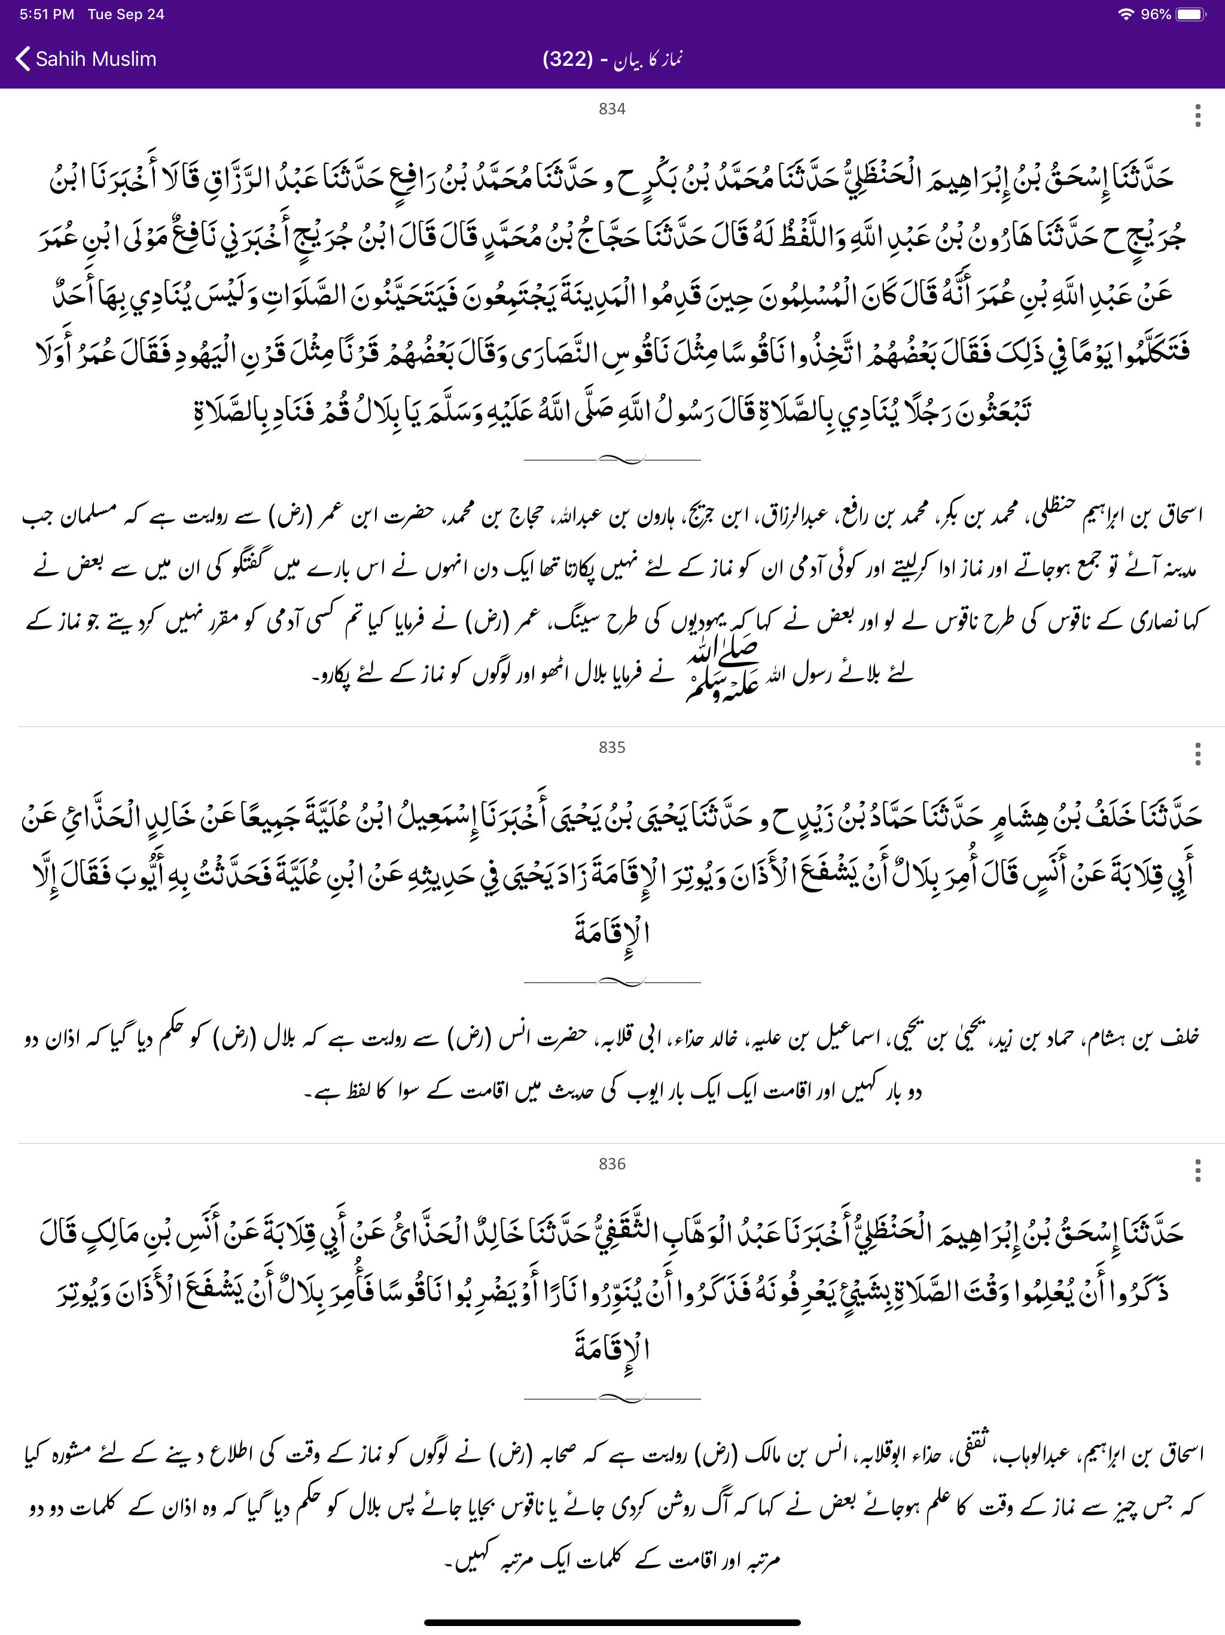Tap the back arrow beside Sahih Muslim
[23, 59]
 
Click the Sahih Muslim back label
[96, 59]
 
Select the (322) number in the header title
[568, 59]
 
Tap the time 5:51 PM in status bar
[47, 14]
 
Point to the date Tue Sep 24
[126, 14]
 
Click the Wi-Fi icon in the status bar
[1125, 14]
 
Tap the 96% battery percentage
[1156, 14]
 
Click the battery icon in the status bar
[1190, 14]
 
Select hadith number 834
[612, 110]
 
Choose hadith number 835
[612, 748]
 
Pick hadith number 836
[612, 1164]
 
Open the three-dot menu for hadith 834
[1197, 116]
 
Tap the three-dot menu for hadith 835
[1197, 754]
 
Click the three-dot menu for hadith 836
[1197, 1170]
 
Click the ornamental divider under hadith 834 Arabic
[612, 460]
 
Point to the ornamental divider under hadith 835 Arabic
[612, 982]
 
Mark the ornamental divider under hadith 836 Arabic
[612, 1399]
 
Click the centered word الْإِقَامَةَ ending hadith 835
[612, 934]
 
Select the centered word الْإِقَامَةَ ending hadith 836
[612, 1350]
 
